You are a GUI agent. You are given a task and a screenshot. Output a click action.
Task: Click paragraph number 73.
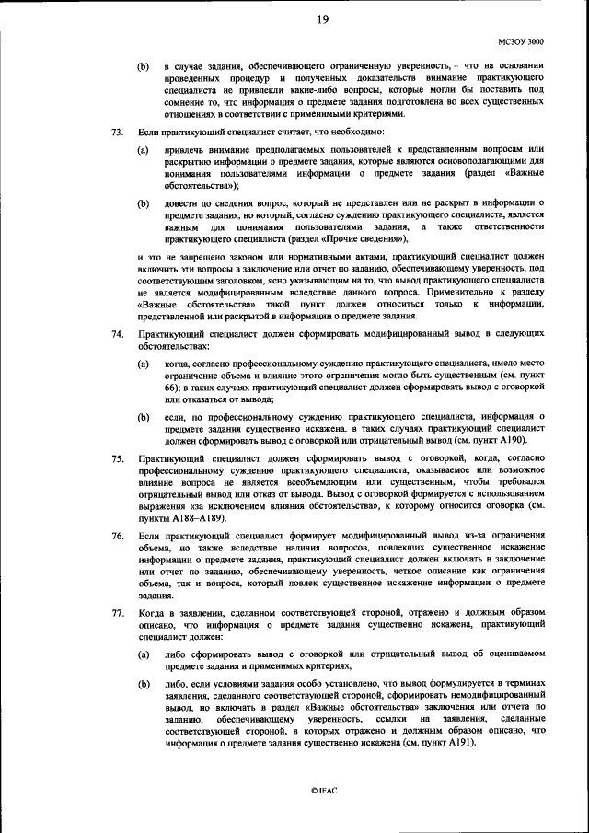(x=117, y=133)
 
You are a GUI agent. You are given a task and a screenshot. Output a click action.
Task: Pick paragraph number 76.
(x=117, y=535)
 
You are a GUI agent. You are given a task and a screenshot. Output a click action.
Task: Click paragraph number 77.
(x=117, y=611)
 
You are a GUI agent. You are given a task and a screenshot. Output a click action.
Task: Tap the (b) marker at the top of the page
(x=144, y=67)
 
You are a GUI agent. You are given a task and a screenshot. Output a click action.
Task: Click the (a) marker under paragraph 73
(x=144, y=149)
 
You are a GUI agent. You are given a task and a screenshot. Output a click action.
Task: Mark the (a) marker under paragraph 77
(x=144, y=653)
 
